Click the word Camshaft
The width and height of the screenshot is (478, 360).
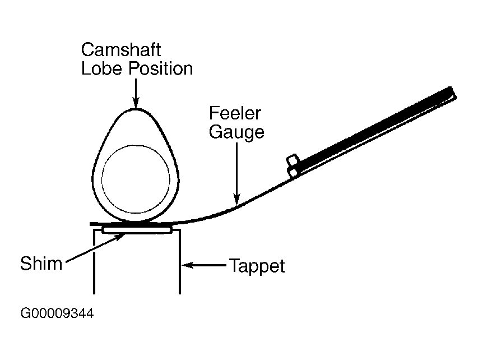(121, 50)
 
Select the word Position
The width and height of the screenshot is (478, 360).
(161, 68)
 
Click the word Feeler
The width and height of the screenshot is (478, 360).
(235, 113)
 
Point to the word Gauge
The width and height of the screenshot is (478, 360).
(236, 132)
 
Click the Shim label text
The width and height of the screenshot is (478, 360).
(41, 264)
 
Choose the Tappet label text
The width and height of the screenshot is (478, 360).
(257, 266)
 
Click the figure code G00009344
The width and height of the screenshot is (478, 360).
(57, 313)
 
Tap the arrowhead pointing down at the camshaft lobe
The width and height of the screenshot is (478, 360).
(136, 103)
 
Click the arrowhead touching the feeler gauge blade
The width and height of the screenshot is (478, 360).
(237, 200)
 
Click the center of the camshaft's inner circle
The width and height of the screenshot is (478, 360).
(136, 179)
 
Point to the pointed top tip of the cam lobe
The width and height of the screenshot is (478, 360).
(136, 109)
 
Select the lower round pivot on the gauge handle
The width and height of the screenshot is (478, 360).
(294, 173)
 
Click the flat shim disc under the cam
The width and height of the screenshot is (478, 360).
(137, 230)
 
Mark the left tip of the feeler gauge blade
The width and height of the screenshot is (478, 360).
(91, 224)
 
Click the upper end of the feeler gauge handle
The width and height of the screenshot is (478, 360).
(453, 93)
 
